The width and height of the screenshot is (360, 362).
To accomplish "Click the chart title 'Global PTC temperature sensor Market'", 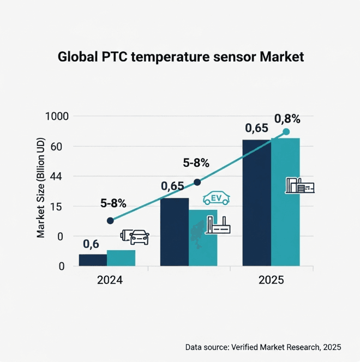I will click(x=180, y=57).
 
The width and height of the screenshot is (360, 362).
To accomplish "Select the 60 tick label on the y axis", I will click(x=58, y=147).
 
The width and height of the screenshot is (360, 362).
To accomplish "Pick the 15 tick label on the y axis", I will click(x=58, y=207).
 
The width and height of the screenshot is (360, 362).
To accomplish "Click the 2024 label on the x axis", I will click(x=110, y=280).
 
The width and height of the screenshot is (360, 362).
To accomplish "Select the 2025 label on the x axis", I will click(x=271, y=280).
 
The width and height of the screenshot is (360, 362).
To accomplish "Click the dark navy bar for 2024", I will click(x=93, y=260).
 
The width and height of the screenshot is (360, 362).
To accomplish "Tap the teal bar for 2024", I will click(x=121, y=258).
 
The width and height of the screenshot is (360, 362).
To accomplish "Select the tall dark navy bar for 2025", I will click(x=256, y=203).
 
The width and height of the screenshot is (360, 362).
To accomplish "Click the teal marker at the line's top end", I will click(x=286, y=132).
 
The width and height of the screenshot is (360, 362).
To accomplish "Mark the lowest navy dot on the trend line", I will click(x=110, y=221).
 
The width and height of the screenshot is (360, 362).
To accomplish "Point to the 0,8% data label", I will click(x=287, y=119).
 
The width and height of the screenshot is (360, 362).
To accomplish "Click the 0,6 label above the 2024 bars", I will click(x=91, y=244).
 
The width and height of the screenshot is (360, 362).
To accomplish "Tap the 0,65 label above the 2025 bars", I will click(x=256, y=128).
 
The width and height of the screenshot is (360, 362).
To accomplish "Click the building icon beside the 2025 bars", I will click(x=299, y=186).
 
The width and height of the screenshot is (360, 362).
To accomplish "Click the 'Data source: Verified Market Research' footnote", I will click(x=263, y=347).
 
